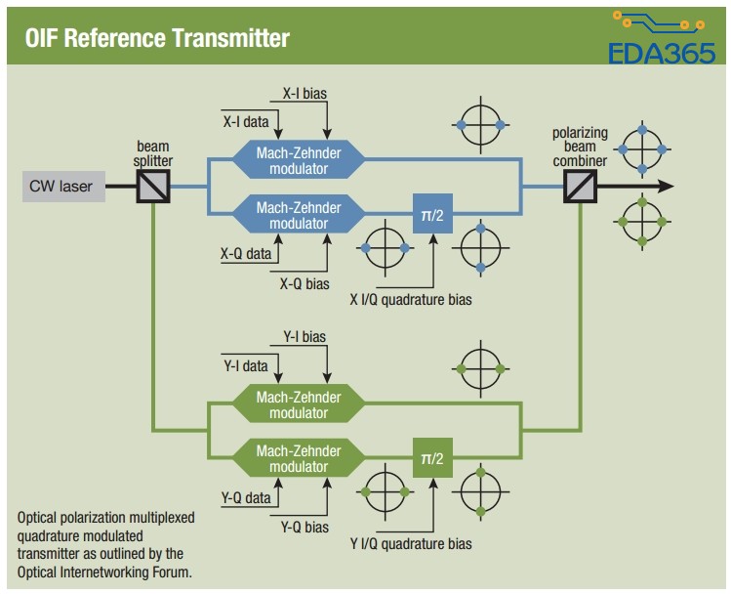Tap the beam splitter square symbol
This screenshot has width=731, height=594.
click(x=153, y=186)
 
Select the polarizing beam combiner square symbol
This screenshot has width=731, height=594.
click(x=580, y=186)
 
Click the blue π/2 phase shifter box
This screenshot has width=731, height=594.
click(x=431, y=214)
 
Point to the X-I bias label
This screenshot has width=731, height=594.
click(x=305, y=95)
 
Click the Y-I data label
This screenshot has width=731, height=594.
click(x=245, y=366)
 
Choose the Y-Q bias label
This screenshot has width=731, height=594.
click(x=305, y=528)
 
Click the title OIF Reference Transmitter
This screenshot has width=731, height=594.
click(x=157, y=38)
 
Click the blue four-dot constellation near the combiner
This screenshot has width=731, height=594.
click(x=641, y=148)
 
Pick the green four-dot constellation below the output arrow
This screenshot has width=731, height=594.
click(x=641, y=222)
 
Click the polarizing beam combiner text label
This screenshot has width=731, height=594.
click(x=580, y=147)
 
